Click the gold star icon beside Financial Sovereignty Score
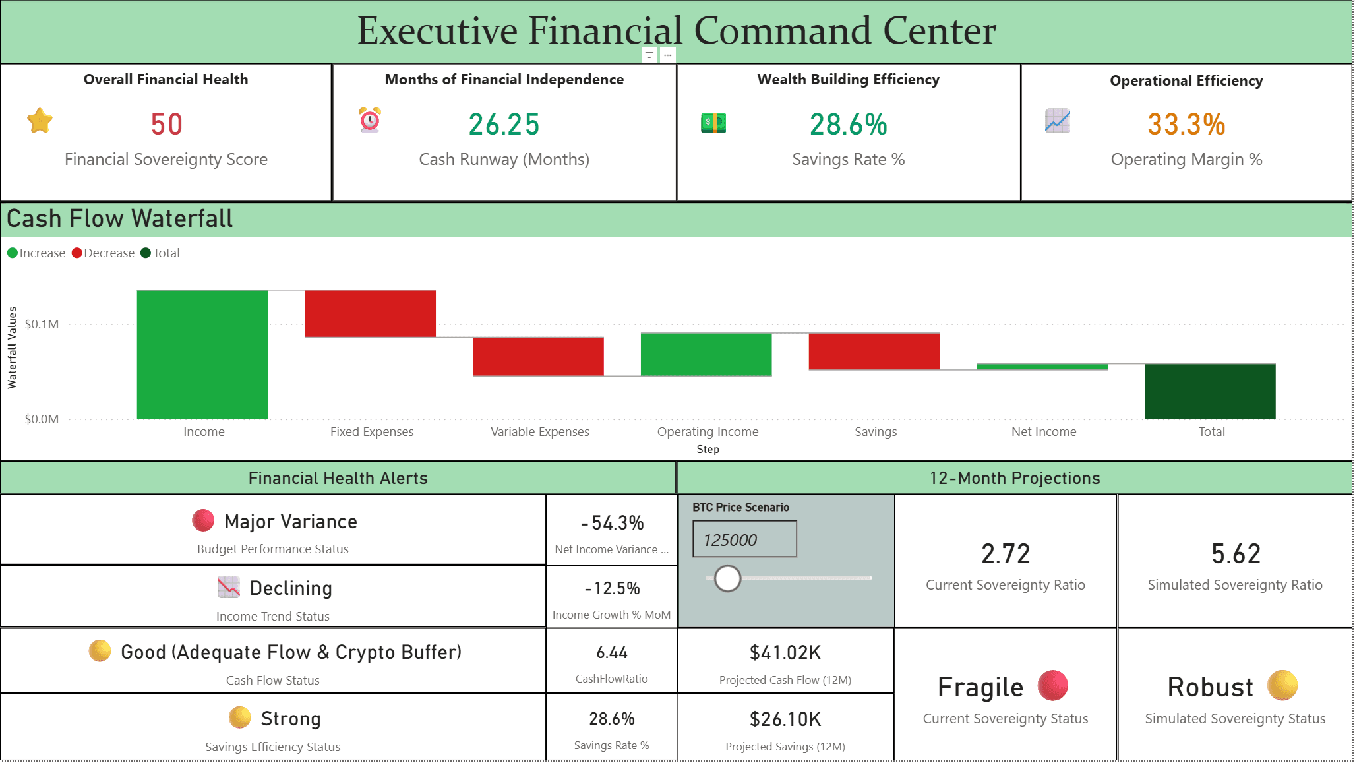point(40,121)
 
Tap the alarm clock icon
point(370,120)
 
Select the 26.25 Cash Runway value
point(504,125)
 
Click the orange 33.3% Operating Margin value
point(1186,125)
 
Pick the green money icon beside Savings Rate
point(713,123)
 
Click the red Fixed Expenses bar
point(370,314)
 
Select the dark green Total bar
point(1209,391)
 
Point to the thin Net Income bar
point(1042,367)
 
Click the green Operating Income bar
point(706,354)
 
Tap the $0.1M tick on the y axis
point(42,324)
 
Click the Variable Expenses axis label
point(539,432)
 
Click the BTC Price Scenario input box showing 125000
point(744,539)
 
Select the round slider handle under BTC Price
point(727,578)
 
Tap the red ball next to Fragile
point(1052,686)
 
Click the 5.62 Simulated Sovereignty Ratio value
point(1235,554)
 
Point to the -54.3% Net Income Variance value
point(612,523)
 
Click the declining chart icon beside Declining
point(229,587)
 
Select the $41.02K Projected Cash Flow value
point(785,653)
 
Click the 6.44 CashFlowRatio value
point(611,653)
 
